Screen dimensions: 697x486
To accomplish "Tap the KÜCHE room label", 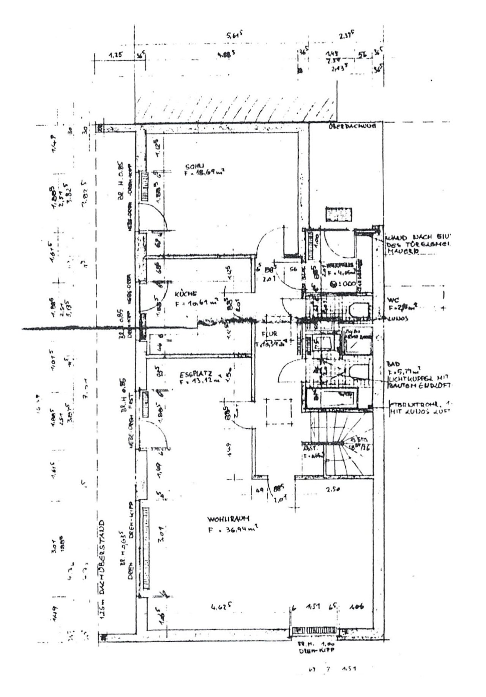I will [x=186, y=294].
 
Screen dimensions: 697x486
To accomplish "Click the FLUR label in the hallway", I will [x=270, y=335].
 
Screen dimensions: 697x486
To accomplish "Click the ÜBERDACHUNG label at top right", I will [x=352, y=127].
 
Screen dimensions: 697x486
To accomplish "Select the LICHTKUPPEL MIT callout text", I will [x=417, y=379].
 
